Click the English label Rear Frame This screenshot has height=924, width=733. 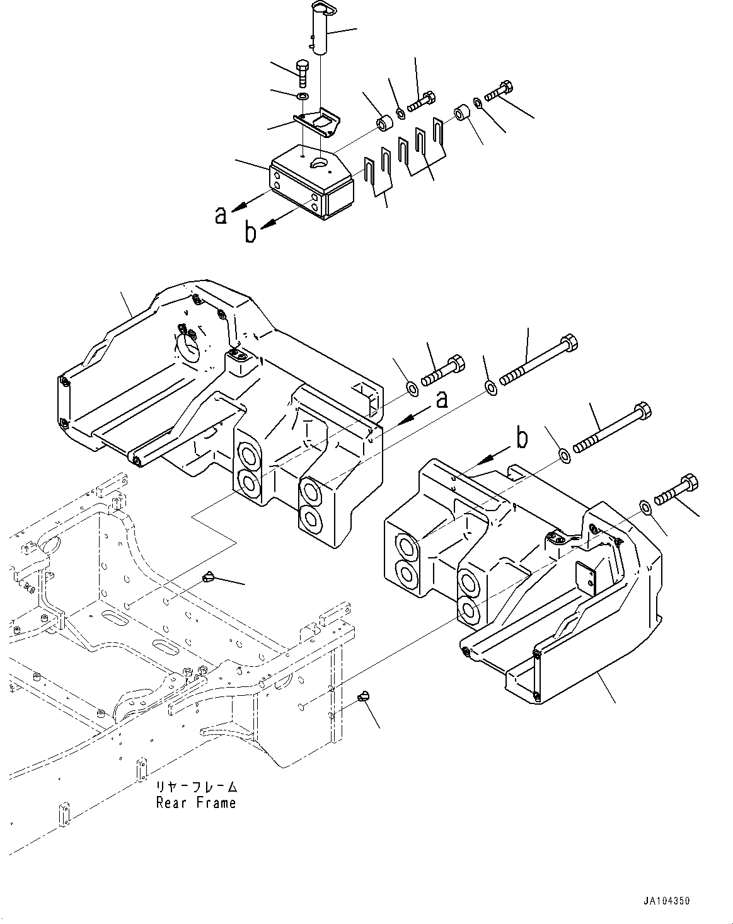(x=195, y=803)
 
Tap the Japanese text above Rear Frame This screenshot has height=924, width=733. (x=197, y=788)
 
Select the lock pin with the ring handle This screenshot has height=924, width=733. (x=322, y=32)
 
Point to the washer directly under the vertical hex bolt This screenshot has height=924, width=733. (x=302, y=96)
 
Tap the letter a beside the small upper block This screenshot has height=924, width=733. (x=220, y=216)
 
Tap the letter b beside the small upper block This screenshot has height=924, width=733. (x=250, y=233)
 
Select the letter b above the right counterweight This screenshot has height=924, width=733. (x=522, y=439)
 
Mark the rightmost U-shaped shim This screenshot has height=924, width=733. (x=439, y=134)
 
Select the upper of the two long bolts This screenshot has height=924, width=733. (x=539, y=360)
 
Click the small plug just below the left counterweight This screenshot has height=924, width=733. (x=209, y=576)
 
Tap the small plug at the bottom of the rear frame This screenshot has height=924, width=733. (x=361, y=696)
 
